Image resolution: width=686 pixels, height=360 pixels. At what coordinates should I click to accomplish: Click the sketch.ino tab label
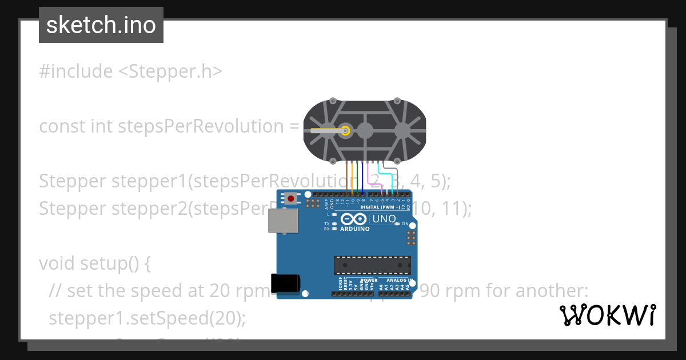(101, 25)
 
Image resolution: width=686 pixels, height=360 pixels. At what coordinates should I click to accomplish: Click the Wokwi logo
(607, 315)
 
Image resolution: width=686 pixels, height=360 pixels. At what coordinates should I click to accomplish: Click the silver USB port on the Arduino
(284, 221)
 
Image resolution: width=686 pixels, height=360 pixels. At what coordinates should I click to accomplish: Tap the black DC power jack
(286, 282)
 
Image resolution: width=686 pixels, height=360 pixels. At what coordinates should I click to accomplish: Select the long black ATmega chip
(372, 265)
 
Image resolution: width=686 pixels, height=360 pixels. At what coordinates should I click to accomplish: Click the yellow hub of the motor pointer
(345, 131)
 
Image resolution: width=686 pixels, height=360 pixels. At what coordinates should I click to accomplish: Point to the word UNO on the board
(384, 219)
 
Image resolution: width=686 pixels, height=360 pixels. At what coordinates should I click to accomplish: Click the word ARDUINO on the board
(354, 229)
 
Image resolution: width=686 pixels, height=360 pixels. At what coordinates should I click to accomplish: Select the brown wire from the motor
(347, 177)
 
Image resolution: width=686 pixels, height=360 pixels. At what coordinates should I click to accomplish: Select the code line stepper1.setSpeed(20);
(147, 318)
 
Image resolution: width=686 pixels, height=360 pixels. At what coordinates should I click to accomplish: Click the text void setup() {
(95, 263)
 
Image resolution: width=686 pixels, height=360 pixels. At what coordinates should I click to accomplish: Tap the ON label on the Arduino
(405, 223)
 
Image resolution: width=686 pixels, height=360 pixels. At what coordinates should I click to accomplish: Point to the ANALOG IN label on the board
(399, 281)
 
